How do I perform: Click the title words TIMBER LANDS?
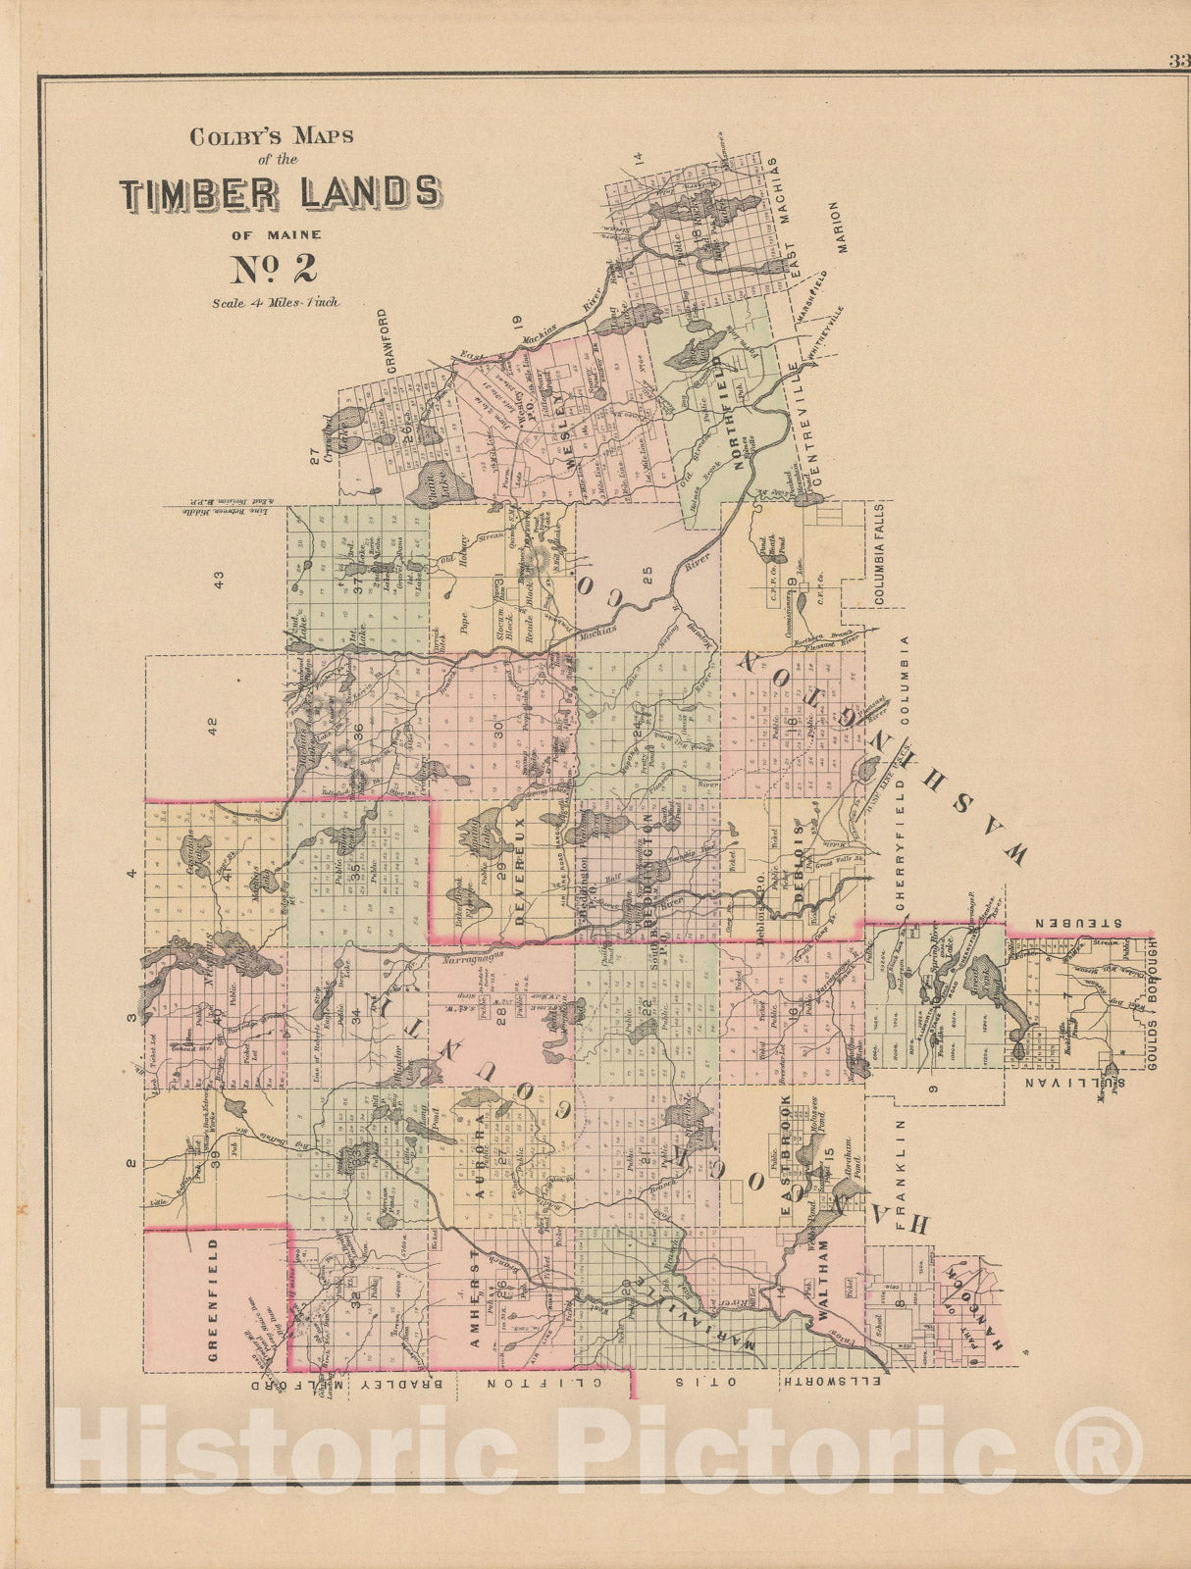280,193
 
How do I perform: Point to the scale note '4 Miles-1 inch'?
276,303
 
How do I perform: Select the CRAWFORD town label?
385,343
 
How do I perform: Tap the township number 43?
219,580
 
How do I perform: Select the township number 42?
212,727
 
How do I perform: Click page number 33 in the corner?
1178,61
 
